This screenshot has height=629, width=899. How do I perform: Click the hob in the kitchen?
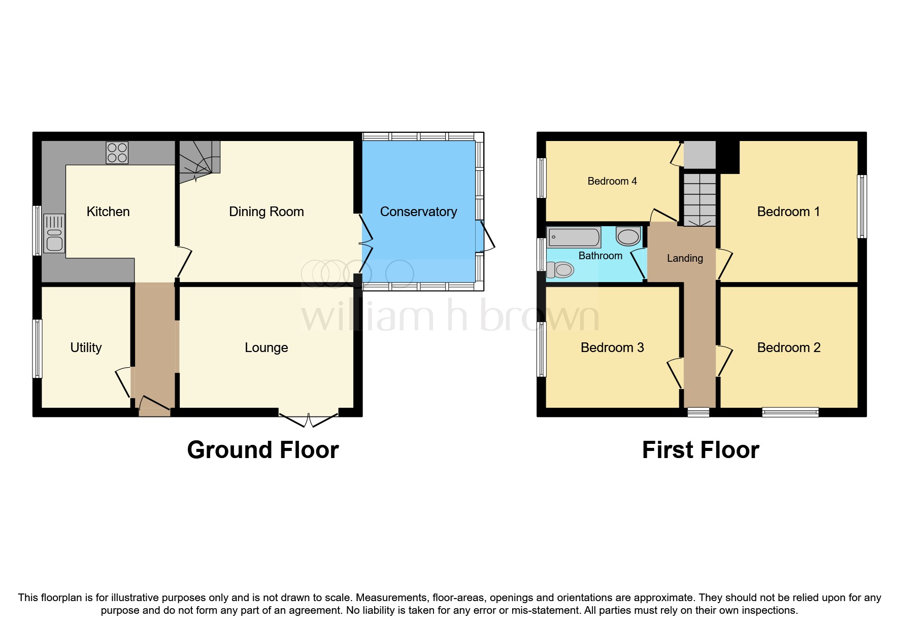[117, 153]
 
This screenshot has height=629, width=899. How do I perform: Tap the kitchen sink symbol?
[54, 233]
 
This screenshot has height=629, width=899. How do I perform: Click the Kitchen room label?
[108, 212]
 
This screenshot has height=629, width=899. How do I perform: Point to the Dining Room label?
[266, 212]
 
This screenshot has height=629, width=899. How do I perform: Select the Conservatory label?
[418, 212]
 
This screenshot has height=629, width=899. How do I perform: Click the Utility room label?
[86, 347]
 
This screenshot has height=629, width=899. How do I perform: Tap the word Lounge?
[266, 347]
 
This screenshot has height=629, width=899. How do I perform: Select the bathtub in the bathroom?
[574, 237]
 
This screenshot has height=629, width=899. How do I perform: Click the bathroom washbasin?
[628, 236]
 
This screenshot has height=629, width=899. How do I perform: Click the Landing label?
[685, 258]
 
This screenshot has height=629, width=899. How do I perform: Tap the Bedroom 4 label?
[612, 181]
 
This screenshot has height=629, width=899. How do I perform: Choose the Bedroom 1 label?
[788, 212]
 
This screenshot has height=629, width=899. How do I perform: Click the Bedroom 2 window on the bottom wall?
[790, 412]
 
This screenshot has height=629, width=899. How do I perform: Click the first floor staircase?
[700, 199]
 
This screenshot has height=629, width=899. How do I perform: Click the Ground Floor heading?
[262, 450]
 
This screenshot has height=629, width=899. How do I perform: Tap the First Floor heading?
[700, 450]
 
